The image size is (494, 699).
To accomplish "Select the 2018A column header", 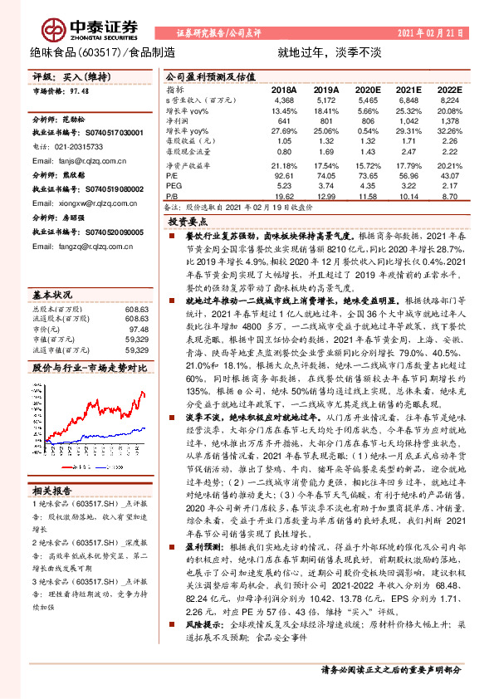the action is [283, 89].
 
